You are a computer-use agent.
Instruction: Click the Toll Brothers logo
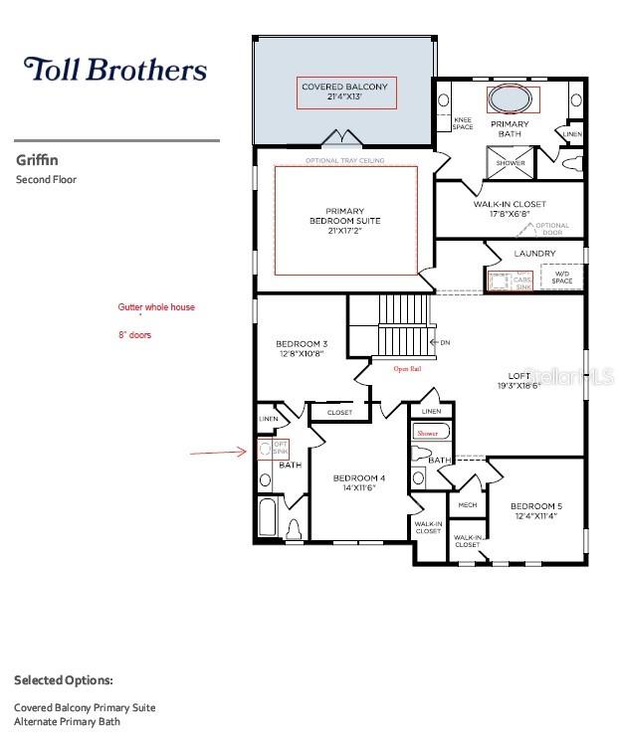(x=115, y=70)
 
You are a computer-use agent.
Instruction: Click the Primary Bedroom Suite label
(x=345, y=221)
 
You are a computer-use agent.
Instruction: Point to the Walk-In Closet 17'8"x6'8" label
(x=510, y=209)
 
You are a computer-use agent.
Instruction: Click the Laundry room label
(x=534, y=254)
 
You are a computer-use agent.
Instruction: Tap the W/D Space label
(x=562, y=280)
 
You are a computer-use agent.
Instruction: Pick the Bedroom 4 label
(x=359, y=482)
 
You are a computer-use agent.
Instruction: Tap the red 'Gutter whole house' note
(x=156, y=308)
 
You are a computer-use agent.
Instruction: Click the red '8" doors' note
(x=135, y=336)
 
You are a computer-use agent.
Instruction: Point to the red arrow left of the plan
(x=218, y=453)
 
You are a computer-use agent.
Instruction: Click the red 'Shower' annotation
(x=427, y=434)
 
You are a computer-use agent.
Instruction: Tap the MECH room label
(x=467, y=505)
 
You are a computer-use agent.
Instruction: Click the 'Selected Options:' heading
(x=64, y=680)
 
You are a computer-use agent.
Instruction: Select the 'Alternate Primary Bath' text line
(x=67, y=721)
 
